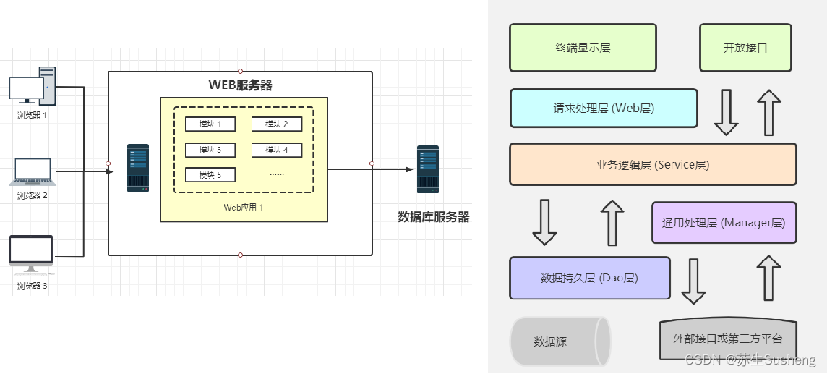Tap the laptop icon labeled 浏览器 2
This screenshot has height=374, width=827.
coord(33,171)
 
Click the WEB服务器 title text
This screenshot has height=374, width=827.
coord(240,85)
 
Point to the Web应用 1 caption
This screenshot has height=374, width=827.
coord(244,208)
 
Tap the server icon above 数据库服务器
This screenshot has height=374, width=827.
coord(427,169)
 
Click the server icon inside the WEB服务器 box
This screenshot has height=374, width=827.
coord(138,168)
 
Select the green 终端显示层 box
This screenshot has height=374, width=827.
coord(583,48)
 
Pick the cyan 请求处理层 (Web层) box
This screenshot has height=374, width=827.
coord(604,109)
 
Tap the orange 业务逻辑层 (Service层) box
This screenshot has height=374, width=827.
coord(652,165)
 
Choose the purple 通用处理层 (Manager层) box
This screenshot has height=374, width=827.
coord(724,222)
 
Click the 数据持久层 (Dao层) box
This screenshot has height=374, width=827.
coord(589,278)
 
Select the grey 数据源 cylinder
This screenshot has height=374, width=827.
coord(560,341)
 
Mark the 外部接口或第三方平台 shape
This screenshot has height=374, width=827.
coord(727,339)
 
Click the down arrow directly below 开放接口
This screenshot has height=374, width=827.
coord(726,113)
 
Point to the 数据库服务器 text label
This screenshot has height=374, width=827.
coord(434,216)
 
